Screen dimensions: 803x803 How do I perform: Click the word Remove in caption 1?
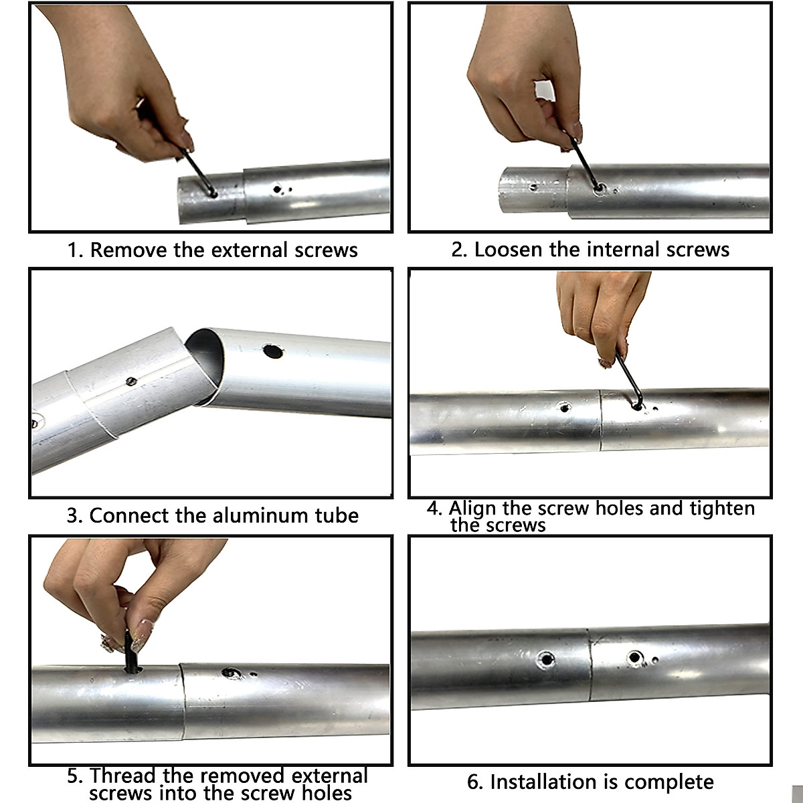[x=128, y=250]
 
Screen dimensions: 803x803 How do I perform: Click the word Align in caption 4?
[x=472, y=509]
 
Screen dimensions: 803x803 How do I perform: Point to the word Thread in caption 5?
[x=123, y=776]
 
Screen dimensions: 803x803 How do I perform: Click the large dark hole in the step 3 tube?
[x=273, y=351]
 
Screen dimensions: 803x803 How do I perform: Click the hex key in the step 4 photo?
[x=629, y=379]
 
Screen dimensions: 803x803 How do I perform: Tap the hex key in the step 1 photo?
[x=198, y=173]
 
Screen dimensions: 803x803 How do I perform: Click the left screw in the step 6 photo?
[x=545, y=660]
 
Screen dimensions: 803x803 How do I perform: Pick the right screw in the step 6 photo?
[x=634, y=658]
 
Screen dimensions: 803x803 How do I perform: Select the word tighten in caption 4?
[x=722, y=509]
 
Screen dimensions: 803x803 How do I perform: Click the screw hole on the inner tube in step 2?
[x=533, y=187]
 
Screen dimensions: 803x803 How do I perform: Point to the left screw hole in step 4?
[x=564, y=407]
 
